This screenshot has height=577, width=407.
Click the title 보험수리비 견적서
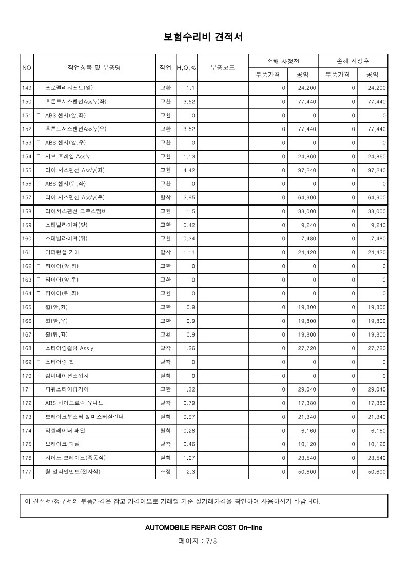pos(203,37)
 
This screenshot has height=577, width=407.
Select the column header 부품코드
pos(223,68)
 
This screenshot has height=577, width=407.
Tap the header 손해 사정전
pos(283,61)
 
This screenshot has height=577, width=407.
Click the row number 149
pos(27,88)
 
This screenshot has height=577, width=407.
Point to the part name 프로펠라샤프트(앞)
pos(69,88)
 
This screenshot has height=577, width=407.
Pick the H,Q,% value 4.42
pos(189,170)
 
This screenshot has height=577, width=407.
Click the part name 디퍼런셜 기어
pos(63,252)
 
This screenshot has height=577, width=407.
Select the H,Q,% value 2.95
pos(189,197)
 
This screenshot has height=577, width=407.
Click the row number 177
pos(27,471)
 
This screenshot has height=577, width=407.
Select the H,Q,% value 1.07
pos(189,457)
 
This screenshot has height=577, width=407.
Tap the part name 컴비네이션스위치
pos(66,376)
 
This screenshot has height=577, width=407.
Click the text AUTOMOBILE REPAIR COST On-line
pos(204,527)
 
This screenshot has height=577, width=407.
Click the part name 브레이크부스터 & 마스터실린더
pos(84,416)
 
